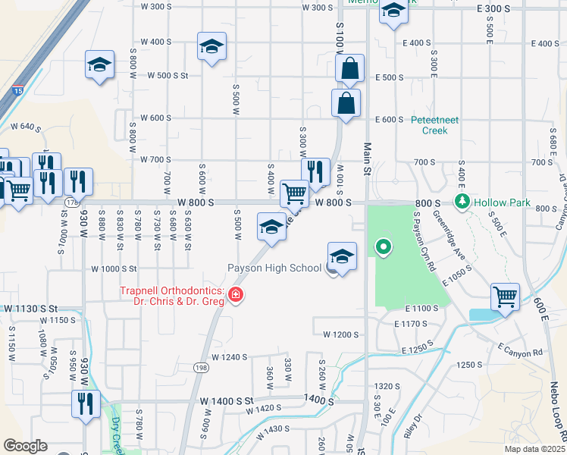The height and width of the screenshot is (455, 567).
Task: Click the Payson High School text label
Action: point(274,268)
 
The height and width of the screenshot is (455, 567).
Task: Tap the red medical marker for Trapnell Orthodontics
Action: point(236,294)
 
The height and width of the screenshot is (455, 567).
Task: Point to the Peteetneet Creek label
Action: point(440,125)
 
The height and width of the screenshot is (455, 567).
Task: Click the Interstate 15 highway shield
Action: point(17,90)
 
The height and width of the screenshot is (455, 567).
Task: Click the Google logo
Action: point(25,446)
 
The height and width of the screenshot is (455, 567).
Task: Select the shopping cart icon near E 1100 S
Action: point(505,296)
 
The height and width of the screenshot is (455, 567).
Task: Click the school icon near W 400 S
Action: point(211,46)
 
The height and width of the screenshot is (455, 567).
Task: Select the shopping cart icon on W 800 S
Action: point(294,193)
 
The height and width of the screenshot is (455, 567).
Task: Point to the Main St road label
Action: point(367,160)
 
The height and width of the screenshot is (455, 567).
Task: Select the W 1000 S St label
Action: point(114,268)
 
